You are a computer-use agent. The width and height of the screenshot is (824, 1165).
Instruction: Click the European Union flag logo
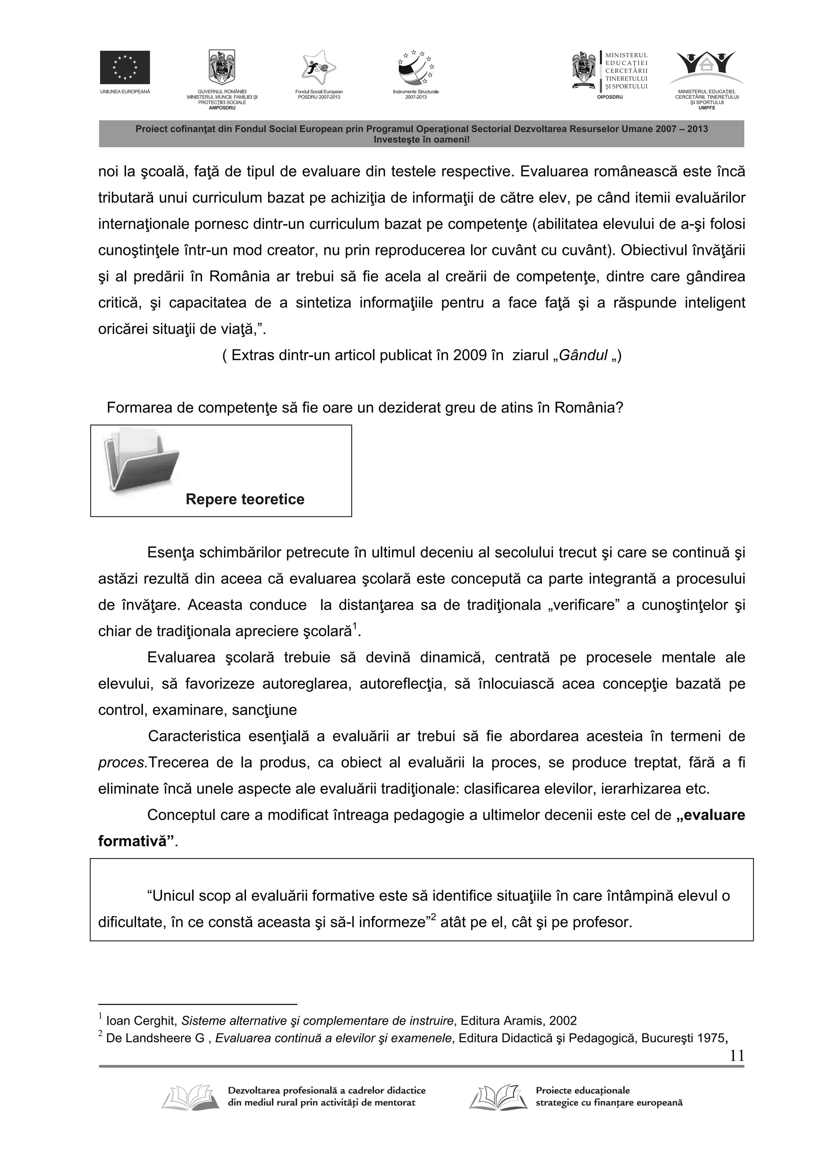[124, 67]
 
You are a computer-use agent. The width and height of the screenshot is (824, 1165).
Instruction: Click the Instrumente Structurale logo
[416, 68]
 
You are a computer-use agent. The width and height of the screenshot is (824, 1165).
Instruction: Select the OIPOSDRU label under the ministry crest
[609, 97]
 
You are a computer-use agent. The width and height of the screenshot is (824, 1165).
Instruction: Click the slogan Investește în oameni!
[421, 139]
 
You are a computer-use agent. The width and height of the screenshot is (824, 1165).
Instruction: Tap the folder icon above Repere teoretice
[141, 459]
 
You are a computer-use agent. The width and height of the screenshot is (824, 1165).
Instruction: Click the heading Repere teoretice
[245, 499]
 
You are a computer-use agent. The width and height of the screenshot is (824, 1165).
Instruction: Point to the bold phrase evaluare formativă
[711, 816]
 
